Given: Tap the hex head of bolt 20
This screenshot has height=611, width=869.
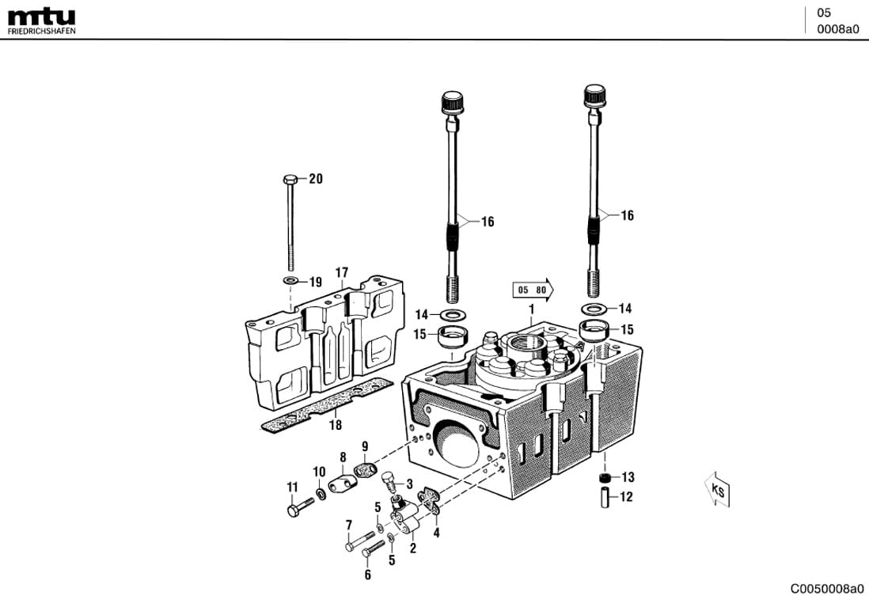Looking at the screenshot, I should pos(289,178).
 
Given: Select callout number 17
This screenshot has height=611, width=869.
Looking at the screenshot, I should pos(341,273).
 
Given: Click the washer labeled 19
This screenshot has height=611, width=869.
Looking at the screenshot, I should pos(291,281).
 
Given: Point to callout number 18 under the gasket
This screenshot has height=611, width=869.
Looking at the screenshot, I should pos(336,425).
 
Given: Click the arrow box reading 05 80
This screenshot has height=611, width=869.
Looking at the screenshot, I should pos(533,290).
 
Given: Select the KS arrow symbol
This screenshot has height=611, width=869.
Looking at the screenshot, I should pos(718,491).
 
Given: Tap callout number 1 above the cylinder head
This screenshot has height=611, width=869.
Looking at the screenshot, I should pos(532,309).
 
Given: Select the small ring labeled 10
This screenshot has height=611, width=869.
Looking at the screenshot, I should pos(321,495).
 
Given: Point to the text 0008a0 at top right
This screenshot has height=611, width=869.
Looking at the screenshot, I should pos(837,29).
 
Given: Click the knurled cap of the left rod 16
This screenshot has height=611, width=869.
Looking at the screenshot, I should pos(451,103).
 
